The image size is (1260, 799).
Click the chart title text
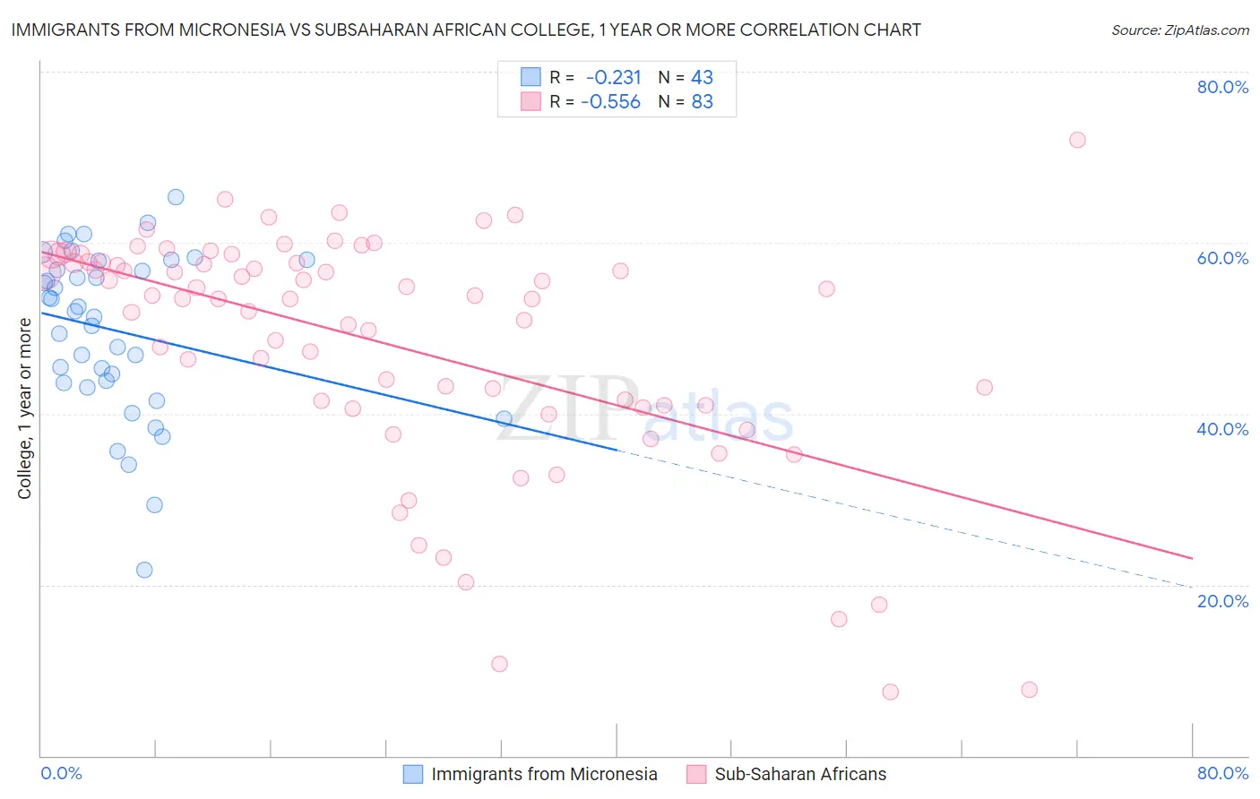tap(465, 30)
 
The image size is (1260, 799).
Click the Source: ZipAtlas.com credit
tap(1179, 30)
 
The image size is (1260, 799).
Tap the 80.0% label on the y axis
tap(1222, 87)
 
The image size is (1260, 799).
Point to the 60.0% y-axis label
tap(1222, 258)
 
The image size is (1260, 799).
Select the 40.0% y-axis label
tap(1222, 429)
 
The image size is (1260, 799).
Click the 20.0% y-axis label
tap(1222, 601)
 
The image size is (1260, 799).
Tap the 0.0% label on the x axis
tap(62, 773)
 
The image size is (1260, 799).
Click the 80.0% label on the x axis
tap(1222, 773)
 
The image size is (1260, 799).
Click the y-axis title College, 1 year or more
tap(25, 408)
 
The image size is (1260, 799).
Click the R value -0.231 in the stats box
tap(614, 78)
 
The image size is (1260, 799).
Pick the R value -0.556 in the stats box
tap(611, 102)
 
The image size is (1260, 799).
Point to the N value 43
tap(702, 78)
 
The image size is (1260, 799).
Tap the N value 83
tap(702, 102)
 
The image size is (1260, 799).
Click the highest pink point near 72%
tap(1077, 140)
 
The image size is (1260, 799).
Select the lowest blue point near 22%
tap(144, 570)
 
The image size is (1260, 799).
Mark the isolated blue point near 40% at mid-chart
tap(504, 418)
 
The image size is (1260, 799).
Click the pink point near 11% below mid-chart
tap(499, 664)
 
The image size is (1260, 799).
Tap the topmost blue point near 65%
tap(176, 197)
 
